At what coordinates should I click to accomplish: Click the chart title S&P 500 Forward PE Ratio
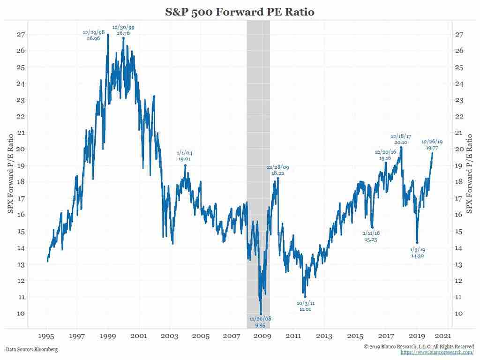point(240,12)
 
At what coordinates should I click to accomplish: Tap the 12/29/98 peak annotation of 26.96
point(93,36)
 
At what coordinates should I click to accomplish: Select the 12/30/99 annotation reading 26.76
point(123,30)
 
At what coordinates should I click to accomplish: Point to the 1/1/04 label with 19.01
point(185,156)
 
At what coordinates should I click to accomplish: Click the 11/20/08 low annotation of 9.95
point(260,322)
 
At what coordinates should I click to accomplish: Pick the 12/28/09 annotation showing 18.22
point(278,170)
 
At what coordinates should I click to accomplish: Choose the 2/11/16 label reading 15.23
point(371,236)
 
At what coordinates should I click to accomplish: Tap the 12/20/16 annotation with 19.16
point(385,155)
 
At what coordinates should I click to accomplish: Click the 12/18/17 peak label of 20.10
point(401,140)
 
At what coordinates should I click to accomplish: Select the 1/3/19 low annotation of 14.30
point(417,253)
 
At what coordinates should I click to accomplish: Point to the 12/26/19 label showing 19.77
point(432,144)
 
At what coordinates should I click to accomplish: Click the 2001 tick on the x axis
point(139,336)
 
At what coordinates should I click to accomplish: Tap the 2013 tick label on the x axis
point(324,336)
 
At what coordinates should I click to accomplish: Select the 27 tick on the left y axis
point(22,34)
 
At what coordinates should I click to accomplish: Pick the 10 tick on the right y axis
point(459,313)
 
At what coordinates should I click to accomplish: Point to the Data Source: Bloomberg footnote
point(32,349)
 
